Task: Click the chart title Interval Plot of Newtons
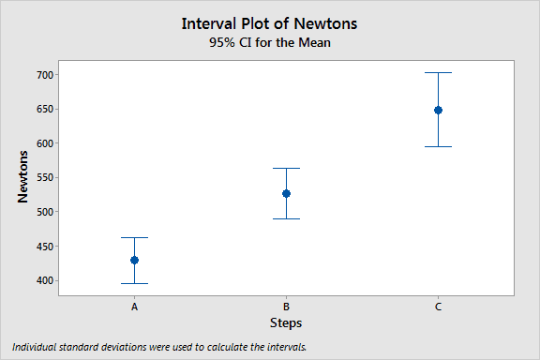[270, 22]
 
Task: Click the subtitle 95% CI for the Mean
[270, 42]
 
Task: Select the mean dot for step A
[134, 260]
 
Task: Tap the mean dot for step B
[286, 193]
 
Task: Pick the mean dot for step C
[438, 110]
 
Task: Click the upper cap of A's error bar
[134, 237]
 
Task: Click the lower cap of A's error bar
[134, 283]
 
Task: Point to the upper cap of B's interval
[286, 168]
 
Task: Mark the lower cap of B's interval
[286, 218]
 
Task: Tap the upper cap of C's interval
[438, 72]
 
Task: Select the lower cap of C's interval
[438, 146]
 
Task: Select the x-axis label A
[134, 307]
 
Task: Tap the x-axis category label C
[438, 307]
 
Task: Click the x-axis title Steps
[286, 322]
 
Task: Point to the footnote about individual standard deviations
[160, 347]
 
